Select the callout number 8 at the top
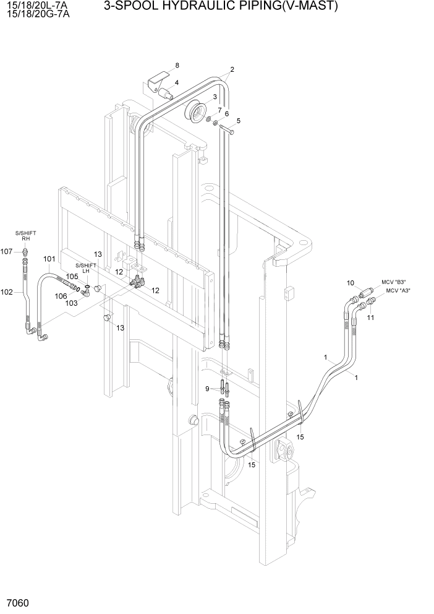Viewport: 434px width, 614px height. [177, 66]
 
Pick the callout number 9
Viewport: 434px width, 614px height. [208, 388]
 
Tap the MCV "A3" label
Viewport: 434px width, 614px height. [398, 290]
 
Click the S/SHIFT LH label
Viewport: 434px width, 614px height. [86, 268]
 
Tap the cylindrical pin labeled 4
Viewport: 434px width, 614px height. [166, 94]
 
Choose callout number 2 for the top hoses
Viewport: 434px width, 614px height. [232, 69]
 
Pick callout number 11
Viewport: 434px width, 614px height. [371, 318]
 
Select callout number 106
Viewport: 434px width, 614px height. [61, 296]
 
